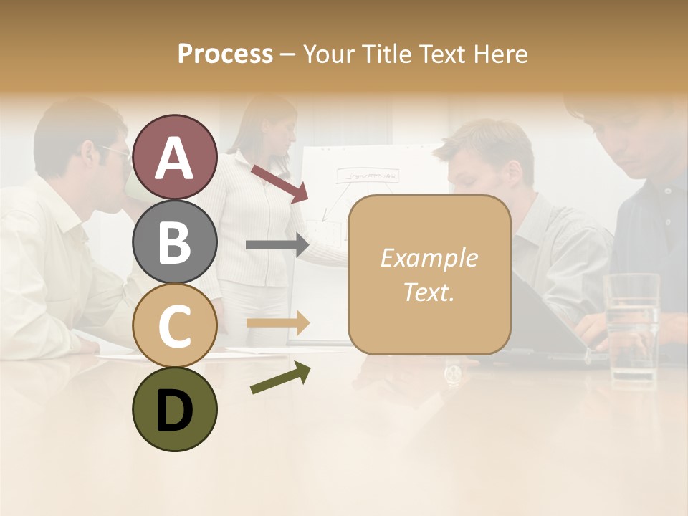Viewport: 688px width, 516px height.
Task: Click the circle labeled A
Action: [174, 158]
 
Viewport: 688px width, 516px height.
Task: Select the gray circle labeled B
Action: [174, 242]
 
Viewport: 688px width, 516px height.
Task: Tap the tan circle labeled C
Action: [174, 325]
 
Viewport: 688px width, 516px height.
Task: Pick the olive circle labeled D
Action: [174, 409]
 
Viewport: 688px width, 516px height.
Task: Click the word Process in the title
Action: [225, 54]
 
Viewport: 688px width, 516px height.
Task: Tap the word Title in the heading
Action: [387, 54]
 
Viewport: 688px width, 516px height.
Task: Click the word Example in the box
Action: [429, 258]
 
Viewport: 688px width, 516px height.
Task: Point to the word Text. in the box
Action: [429, 292]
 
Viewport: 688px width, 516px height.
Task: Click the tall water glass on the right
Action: [631, 330]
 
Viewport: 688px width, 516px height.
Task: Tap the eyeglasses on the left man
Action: [115, 152]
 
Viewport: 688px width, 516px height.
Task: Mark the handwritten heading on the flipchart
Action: [368, 174]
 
